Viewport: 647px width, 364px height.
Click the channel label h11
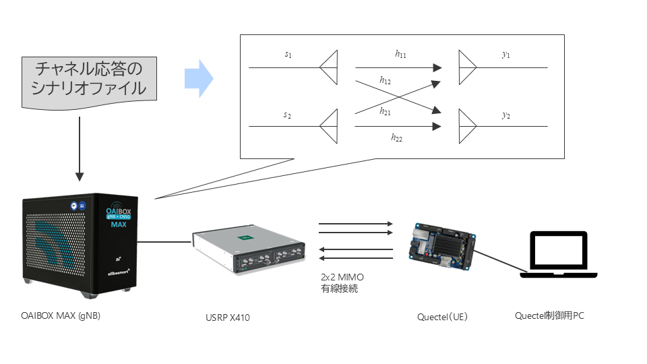[x=400, y=54]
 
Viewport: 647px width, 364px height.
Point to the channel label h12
[x=385, y=80]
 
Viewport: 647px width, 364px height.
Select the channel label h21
[x=385, y=111]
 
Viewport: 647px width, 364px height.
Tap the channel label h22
[x=396, y=138]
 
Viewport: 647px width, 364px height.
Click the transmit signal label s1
[x=288, y=55]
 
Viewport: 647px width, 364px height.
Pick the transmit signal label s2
[x=287, y=115]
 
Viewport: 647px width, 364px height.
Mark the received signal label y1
[x=506, y=55]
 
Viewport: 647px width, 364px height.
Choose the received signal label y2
[x=506, y=115]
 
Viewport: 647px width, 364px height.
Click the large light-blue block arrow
[x=199, y=78]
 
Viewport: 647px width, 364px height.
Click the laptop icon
[x=558, y=254]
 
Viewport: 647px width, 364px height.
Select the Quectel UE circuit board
[x=441, y=247]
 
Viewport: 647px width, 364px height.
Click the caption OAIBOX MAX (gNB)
[x=61, y=315]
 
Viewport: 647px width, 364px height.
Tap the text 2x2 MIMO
[x=342, y=277]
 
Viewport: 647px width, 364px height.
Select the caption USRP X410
[x=228, y=317]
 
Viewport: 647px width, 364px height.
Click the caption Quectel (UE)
[x=442, y=317]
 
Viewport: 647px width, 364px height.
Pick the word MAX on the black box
[x=119, y=224]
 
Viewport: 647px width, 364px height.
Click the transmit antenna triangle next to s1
[x=329, y=67]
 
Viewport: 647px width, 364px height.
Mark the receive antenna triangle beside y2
[x=468, y=126]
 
